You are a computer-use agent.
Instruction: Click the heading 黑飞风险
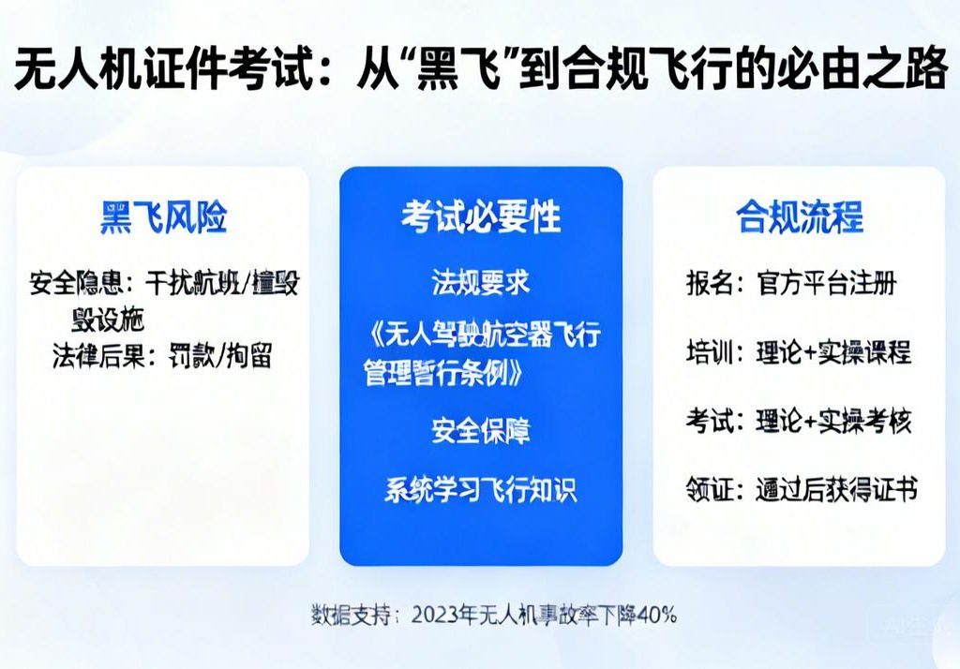pos(163,217)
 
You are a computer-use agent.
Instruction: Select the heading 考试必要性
pos(480,217)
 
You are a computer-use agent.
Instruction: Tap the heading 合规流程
pos(799,217)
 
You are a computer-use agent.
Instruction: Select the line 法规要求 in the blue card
pos(480,281)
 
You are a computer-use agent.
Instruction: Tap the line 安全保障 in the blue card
pos(480,431)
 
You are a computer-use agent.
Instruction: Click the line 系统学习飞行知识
pos(480,489)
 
